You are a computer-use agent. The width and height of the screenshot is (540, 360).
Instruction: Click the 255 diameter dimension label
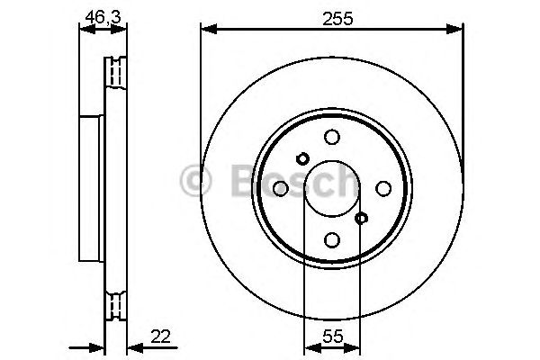click(x=326, y=16)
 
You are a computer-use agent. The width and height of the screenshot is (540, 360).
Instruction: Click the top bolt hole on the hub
click(x=332, y=137)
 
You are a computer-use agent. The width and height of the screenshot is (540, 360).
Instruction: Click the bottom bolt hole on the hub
click(x=332, y=239)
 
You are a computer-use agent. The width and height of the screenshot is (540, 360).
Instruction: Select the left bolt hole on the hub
click(x=280, y=188)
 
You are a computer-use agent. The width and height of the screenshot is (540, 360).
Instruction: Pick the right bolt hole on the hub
click(x=383, y=188)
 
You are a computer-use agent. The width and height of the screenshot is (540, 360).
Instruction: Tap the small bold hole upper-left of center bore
click(x=302, y=158)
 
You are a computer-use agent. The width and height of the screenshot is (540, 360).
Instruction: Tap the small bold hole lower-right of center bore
click(x=362, y=218)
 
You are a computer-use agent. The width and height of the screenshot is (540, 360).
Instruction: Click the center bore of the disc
click(x=332, y=188)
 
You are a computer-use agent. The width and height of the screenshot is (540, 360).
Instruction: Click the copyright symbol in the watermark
click(x=195, y=181)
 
